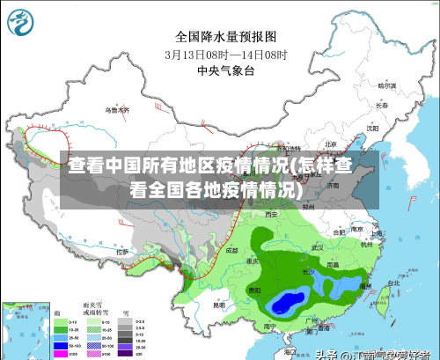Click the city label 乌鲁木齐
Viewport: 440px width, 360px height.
point(117,111)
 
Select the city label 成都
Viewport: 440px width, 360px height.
point(231,250)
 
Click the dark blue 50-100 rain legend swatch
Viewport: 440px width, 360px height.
point(62,344)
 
